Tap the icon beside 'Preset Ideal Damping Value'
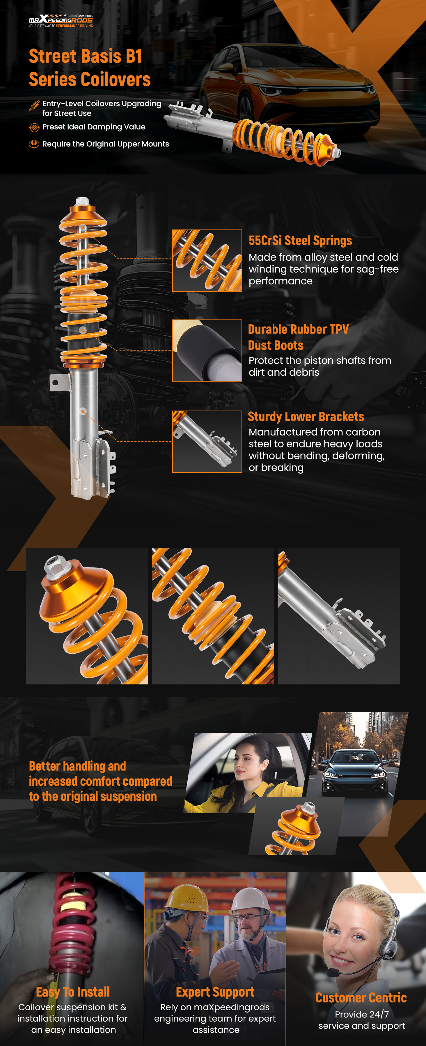click(x=34, y=128)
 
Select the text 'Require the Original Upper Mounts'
click(x=106, y=144)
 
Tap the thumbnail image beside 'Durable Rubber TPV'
click(x=207, y=350)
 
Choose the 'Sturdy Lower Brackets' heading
click(x=306, y=417)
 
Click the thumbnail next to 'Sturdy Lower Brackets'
click(x=207, y=441)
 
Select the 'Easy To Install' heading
click(x=73, y=992)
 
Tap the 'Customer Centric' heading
click(x=361, y=998)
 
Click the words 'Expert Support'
click(x=215, y=992)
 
